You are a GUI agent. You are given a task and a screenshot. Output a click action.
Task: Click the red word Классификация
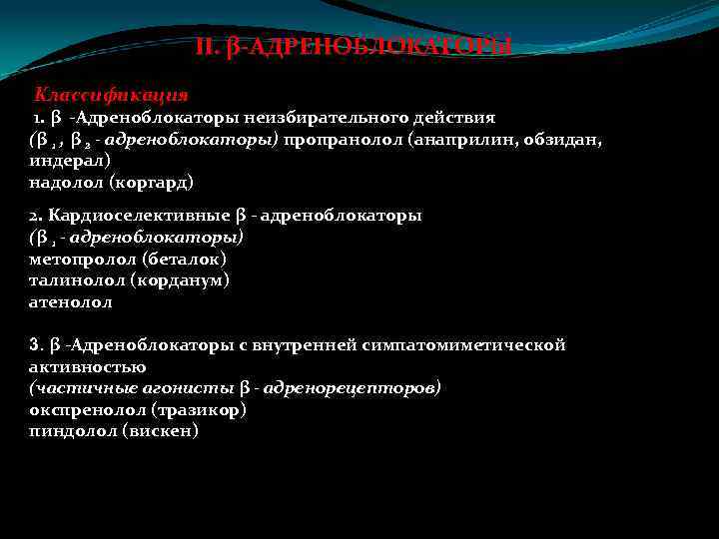click(x=111, y=95)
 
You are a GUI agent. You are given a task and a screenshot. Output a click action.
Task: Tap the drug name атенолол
click(x=71, y=301)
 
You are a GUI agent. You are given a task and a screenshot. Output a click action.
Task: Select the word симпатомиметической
click(x=477, y=345)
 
